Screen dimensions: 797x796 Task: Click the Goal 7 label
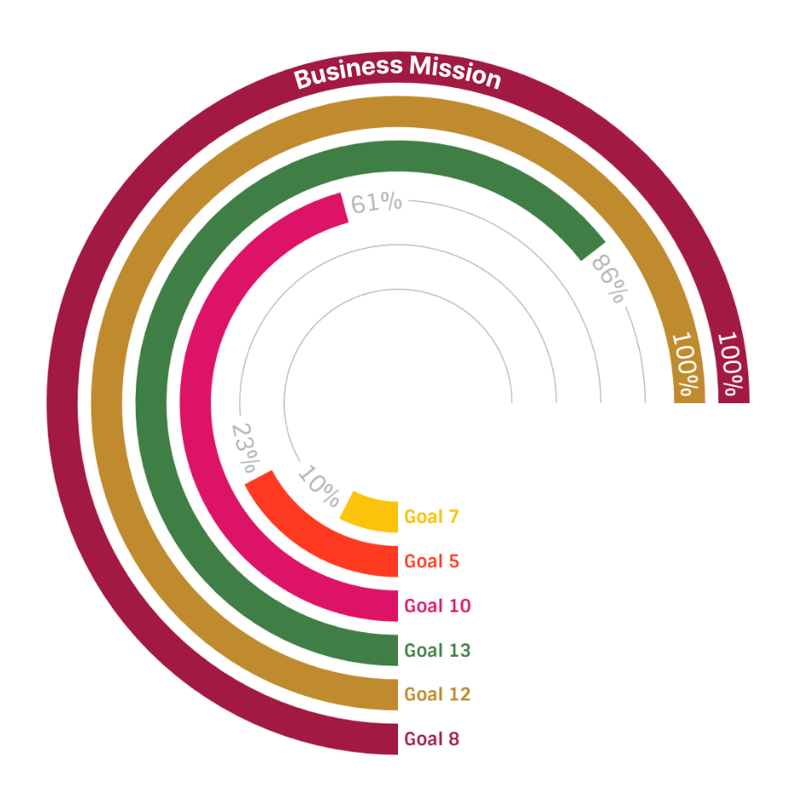[431, 517]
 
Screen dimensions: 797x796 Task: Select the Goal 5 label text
[431, 561]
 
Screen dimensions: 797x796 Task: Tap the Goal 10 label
[437, 606]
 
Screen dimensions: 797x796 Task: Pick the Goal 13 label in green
[437, 650]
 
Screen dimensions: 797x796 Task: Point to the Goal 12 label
[437, 694]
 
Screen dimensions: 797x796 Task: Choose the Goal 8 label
[431, 738]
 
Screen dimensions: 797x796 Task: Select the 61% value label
[376, 203]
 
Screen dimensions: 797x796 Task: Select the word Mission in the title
[454, 72]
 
